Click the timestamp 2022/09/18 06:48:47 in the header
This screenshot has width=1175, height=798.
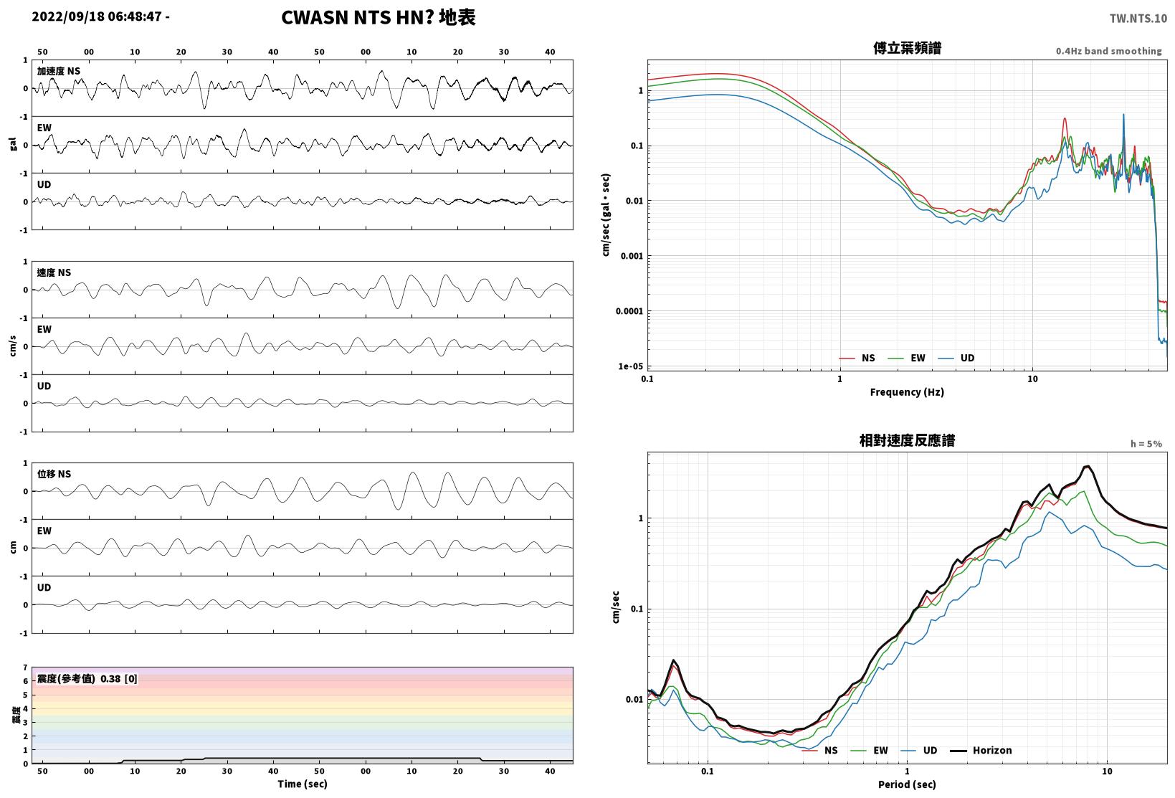[x=97, y=16]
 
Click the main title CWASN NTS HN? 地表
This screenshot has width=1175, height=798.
[x=379, y=17]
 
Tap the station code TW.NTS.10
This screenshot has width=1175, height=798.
[x=1138, y=19]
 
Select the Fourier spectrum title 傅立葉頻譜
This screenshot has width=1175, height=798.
[x=907, y=48]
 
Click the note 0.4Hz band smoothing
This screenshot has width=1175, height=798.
[x=1108, y=51]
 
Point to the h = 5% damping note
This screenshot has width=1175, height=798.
[x=1146, y=444]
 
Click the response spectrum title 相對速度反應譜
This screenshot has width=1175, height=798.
[x=907, y=440]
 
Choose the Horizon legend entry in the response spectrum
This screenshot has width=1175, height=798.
[x=981, y=750]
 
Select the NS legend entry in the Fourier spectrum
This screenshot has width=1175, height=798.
[x=857, y=358]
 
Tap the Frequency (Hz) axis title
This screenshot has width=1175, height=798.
[x=907, y=392]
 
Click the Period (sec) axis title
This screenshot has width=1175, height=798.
[x=907, y=784]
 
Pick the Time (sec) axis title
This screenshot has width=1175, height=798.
[x=302, y=784]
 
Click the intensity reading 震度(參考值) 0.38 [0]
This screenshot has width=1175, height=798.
[x=87, y=678]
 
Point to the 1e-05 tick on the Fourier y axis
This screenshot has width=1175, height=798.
[x=630, y=366]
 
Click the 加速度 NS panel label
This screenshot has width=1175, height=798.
[x=58, y=71]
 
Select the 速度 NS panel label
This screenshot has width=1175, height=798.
[x=54, y=272]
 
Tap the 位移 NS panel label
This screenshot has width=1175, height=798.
[x=54, y=474]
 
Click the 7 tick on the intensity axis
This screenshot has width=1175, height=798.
[x=25, y=668]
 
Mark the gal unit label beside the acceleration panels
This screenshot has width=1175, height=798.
[x=13, y=144]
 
